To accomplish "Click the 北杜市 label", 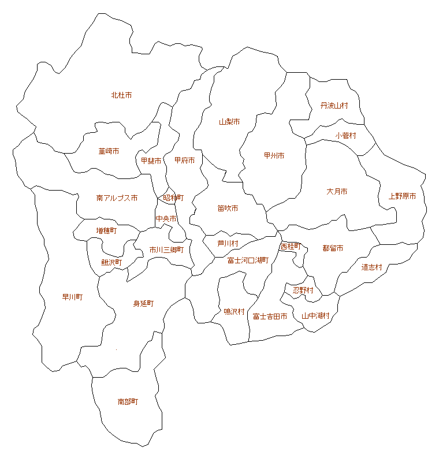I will tap(121, 95).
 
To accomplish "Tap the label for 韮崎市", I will tap(109, 151).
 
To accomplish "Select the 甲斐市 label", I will tap(151, 161).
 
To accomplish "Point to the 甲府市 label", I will tap(184, 161).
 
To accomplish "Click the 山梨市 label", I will tap(229, 122).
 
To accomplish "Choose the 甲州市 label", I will tap(274, 156).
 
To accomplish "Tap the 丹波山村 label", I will tap(334, 106).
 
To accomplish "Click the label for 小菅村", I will tap(345, 136).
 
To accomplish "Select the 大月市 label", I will tap(336, 192).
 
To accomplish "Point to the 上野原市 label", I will tap(402, 196).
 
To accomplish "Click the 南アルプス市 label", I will tap(117, 198).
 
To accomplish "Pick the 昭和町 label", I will tap(173, 198).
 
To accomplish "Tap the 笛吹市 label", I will tap(228, 208).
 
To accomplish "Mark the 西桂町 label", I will tap(291, 246).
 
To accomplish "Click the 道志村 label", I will tap(372, 267).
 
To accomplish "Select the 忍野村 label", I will tap(303, 290).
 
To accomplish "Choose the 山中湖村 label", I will tap(315, 316).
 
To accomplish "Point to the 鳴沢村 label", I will tap(234, 312).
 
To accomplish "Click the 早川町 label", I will tap(72, 297).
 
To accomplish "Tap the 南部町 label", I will tap(128, 401).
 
